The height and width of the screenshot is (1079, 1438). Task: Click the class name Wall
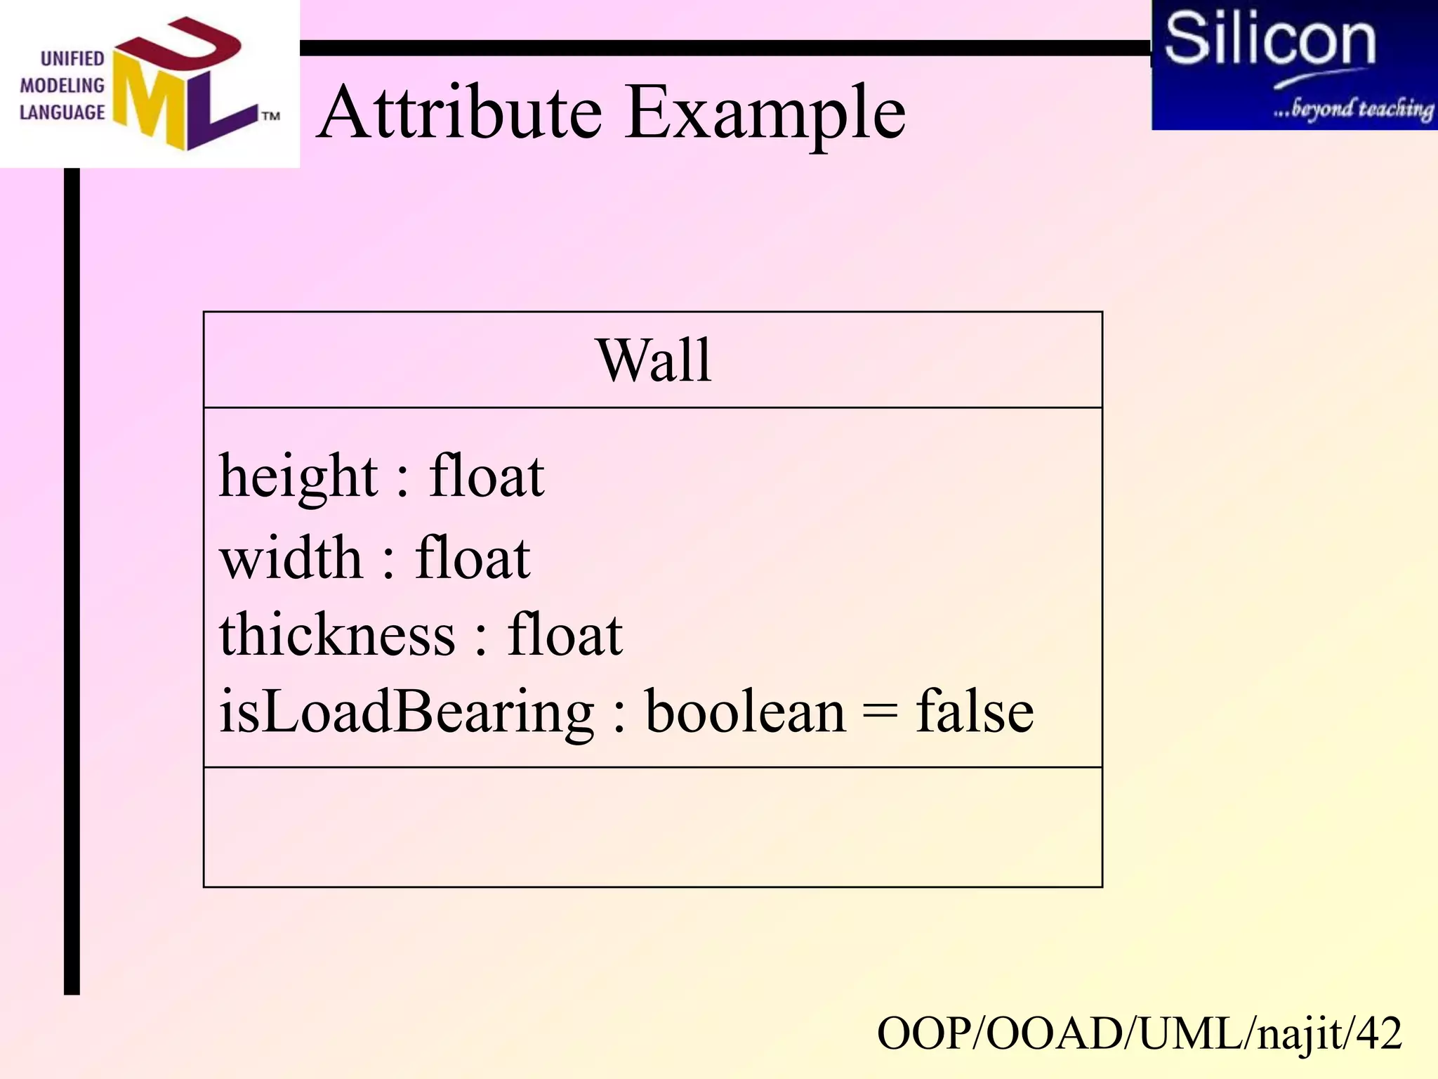click(x=654, y=360)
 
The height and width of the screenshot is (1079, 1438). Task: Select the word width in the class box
click(x=291, y=558)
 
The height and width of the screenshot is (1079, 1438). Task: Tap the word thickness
click(x=337, y=634)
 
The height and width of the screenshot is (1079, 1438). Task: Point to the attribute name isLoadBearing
click(x=407, y=712)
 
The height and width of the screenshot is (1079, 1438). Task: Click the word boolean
click(x=746, y=712)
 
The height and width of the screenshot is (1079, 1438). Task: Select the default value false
click(x=975, y=712)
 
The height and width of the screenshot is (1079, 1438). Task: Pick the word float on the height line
click(x=487, y=476)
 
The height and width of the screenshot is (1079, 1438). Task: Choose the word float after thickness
click(x=565, y=634)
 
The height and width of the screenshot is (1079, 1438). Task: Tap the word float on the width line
click(x=473, y=558)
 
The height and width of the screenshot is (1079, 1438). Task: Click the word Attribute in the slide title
click(x=461, y=112)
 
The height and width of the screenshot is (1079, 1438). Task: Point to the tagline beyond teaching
click(x=1353, y=109)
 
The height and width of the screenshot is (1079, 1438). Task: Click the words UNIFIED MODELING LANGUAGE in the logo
click(x=62, y=86)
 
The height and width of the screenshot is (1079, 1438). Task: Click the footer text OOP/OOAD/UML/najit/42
click(x=1139, y=1034)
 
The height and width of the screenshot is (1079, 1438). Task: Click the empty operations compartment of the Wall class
click(x=652, y=827)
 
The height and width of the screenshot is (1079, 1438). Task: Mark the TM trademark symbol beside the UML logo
click(x=271, y=116)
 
